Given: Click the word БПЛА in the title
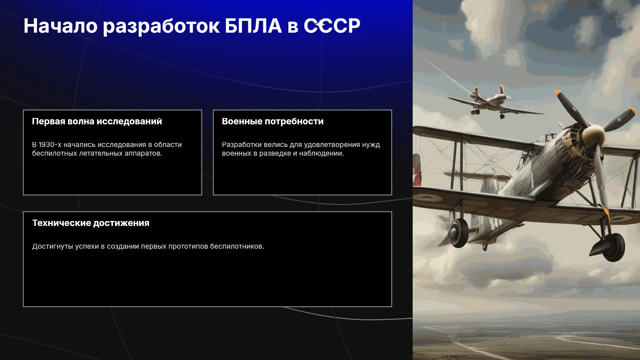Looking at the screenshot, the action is pos(253,26).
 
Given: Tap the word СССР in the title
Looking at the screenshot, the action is pos(332,26).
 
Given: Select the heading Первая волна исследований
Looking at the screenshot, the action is pos(97,121).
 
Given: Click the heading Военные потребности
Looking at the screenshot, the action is pos(273,121).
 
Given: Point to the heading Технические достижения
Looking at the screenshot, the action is pos(91,223).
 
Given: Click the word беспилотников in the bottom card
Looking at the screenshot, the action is pos(237,246).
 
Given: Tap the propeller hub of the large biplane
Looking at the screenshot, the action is pos(593,135).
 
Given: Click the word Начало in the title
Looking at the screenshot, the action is pos(60,26).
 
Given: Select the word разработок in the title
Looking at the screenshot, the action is pos(161,27).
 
